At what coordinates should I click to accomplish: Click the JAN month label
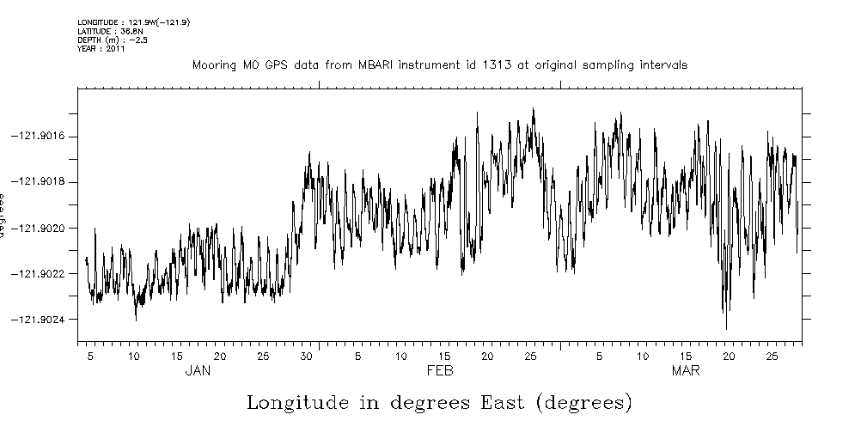(x=198, y=371)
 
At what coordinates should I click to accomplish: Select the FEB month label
(x=440, y=371)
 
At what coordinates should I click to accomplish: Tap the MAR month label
(x=685, y=371)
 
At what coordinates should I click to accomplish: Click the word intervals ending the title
(x=662, y=65)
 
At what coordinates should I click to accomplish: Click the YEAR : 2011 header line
(x=101, y=49)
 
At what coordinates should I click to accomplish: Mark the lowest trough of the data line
(x=726, y=329)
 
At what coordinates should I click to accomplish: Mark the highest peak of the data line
(x=534, y=108)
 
